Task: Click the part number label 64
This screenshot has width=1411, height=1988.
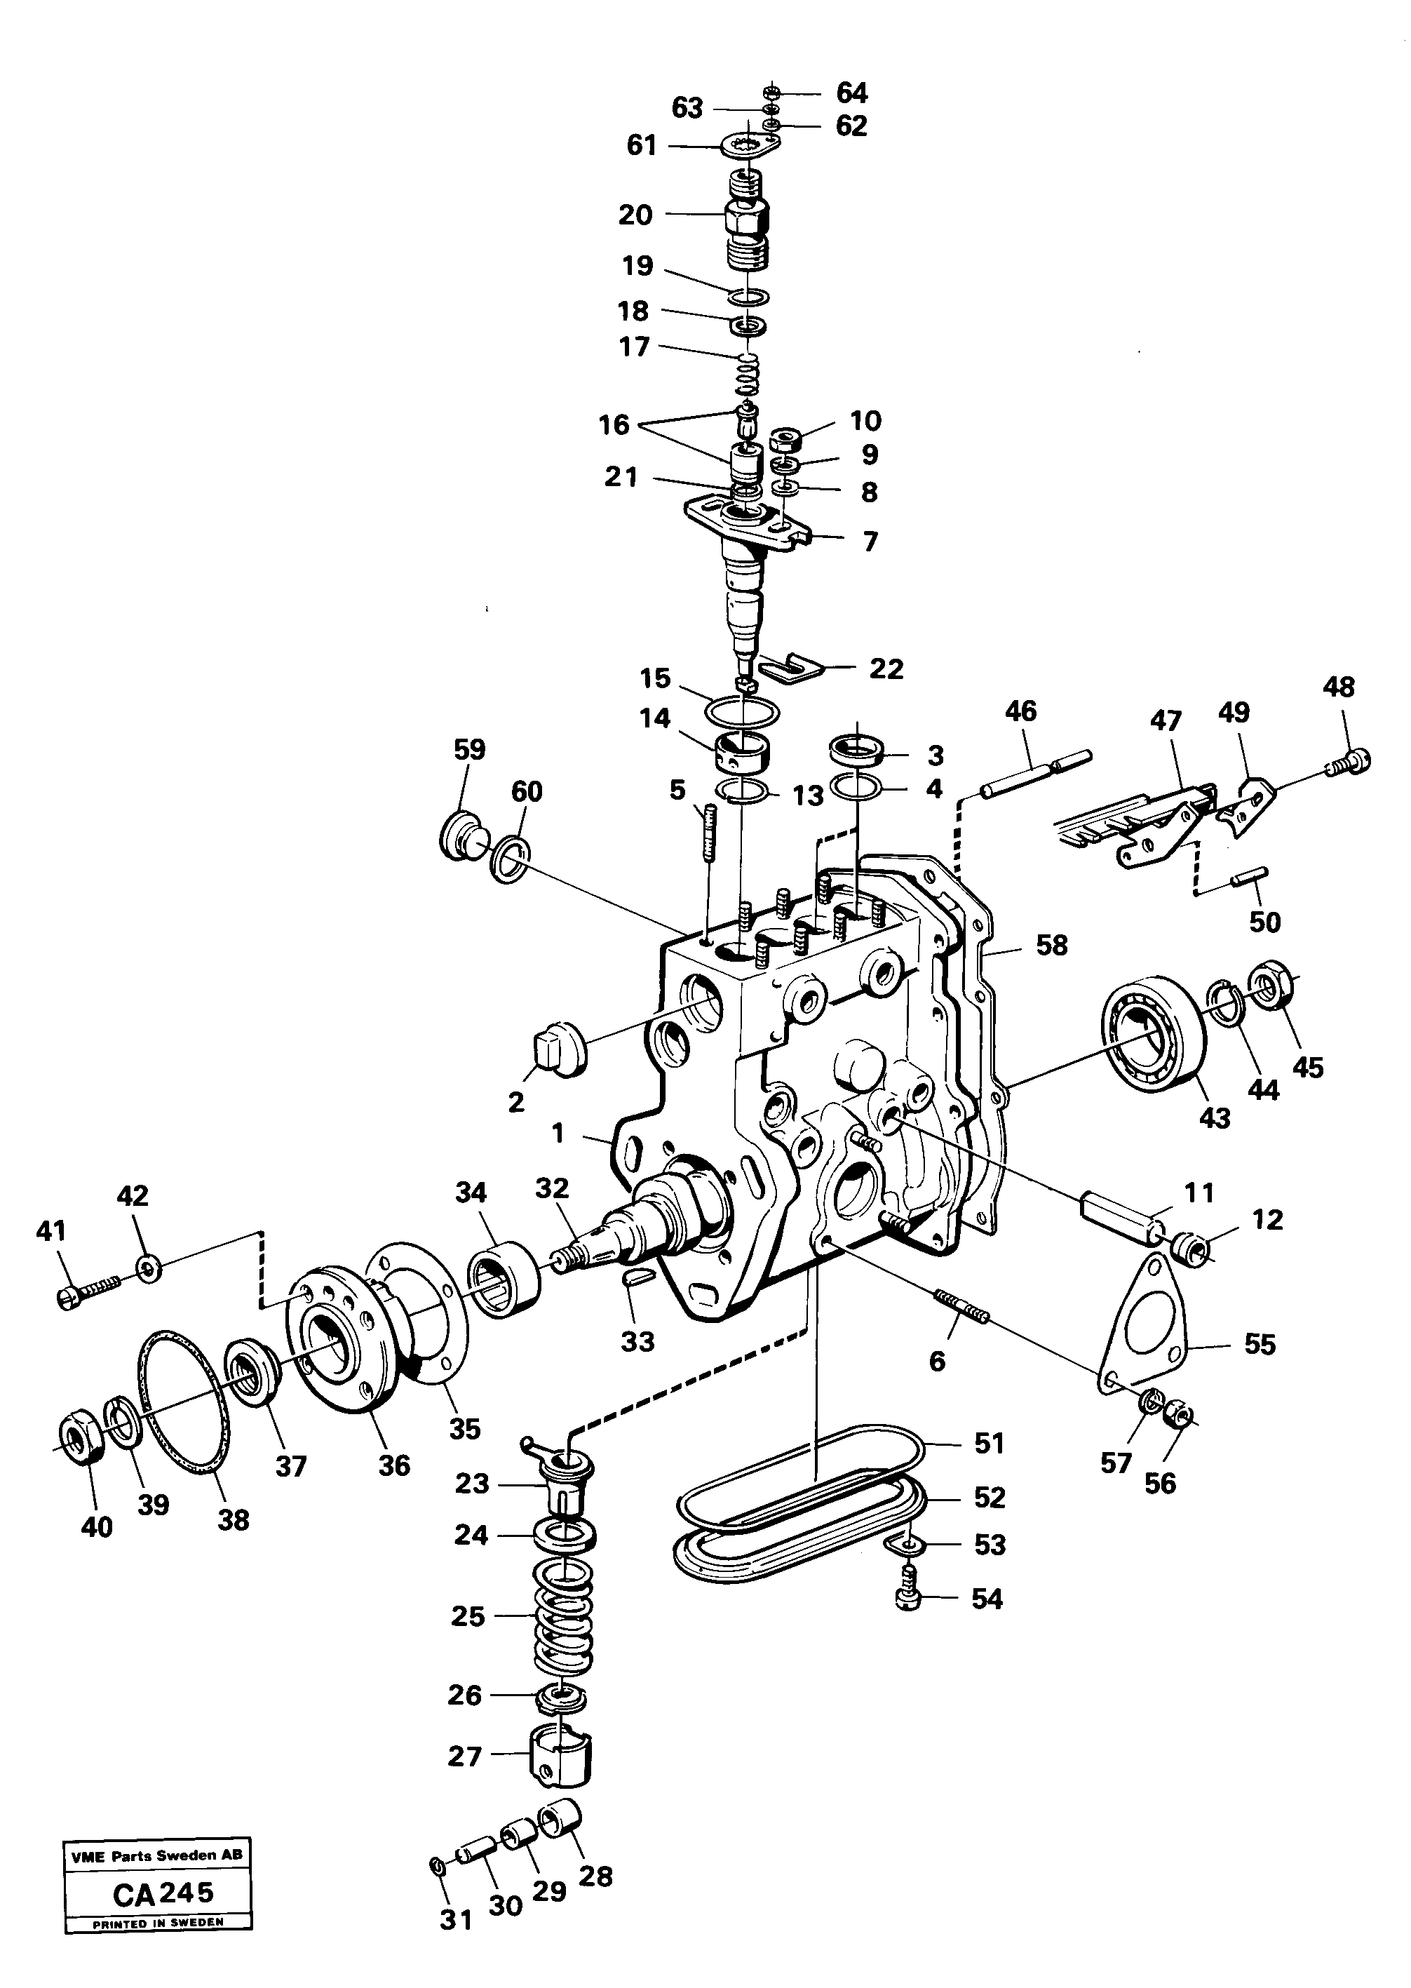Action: pyautogui.click(x=851, y=93)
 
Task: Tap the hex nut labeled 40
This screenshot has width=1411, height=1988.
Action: pyautogui.click(x=81, y=1446)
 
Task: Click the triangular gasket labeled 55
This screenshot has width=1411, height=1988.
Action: pyautogui.click(x=1141, y=1334)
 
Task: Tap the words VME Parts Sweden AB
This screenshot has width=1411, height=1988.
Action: pyautogui.click(x=157, y=1855)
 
